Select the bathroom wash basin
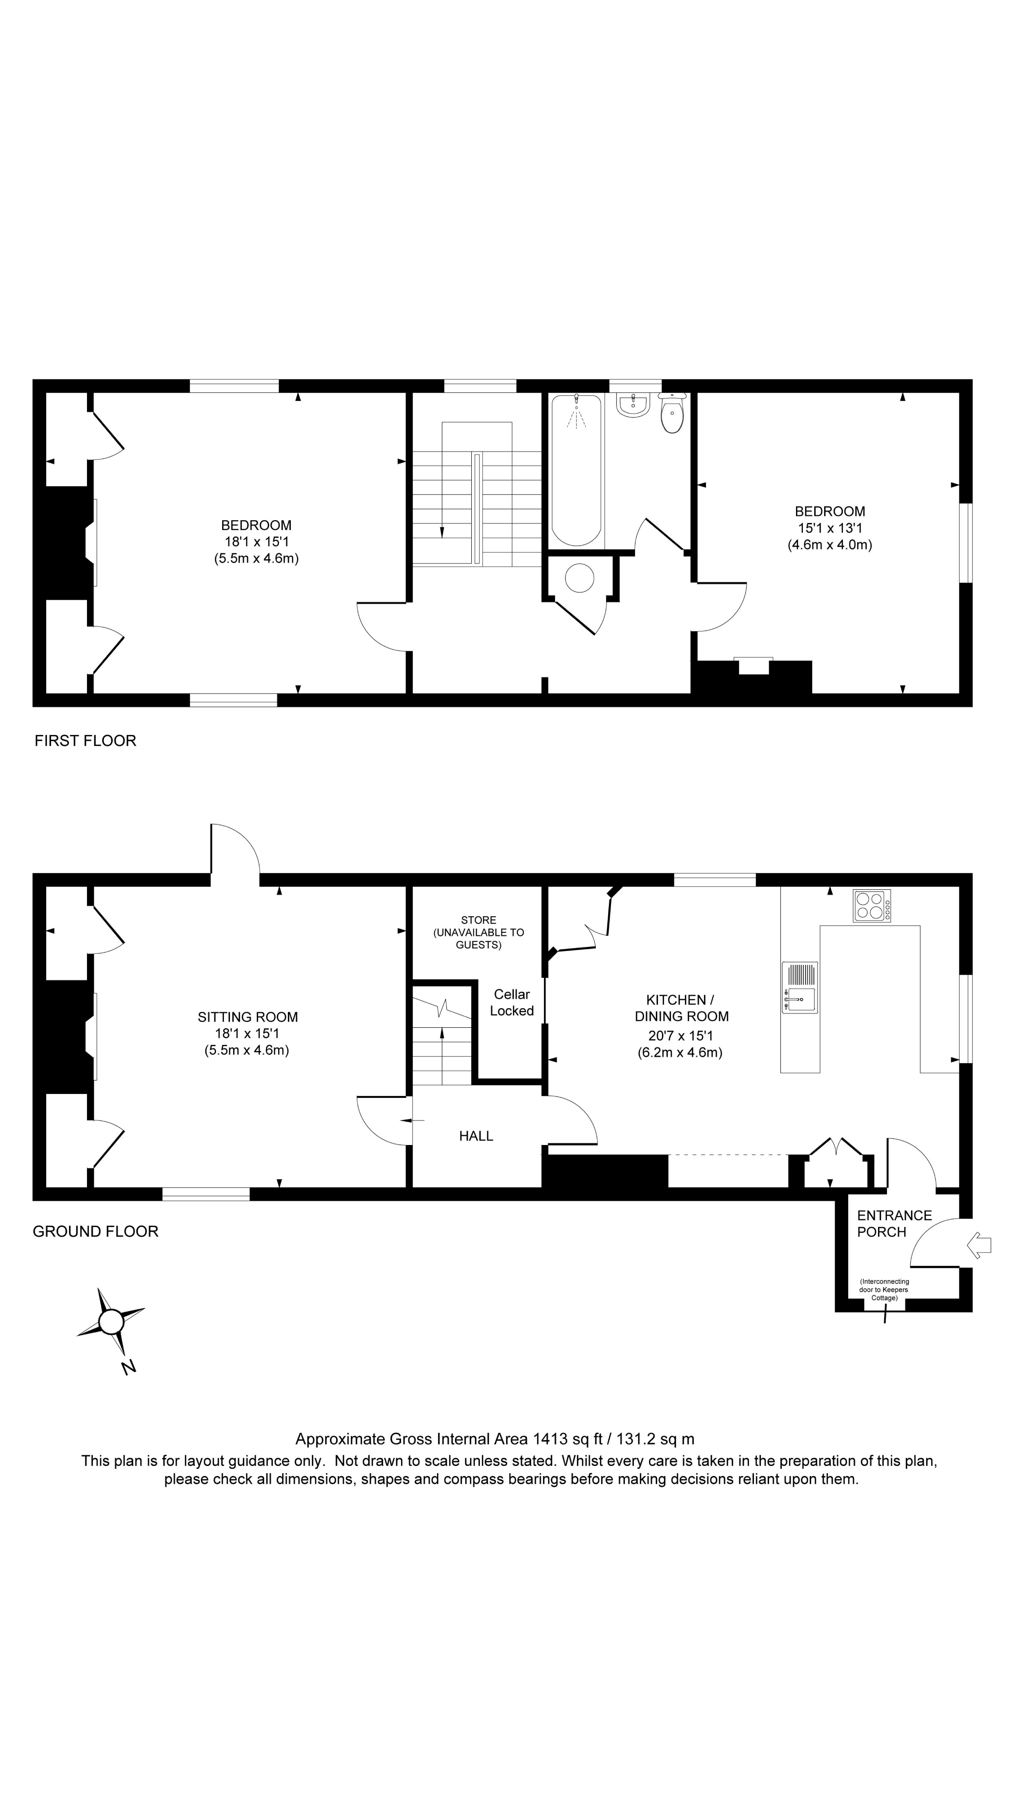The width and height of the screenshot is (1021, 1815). pyautogui.click(x=632, y=404)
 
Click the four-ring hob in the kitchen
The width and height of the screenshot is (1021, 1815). pyautogui.click(x=872, y=905)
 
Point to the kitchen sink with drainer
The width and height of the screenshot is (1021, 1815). pyautogui.click(x=800, y=987)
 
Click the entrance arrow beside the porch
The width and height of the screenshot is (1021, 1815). pyautogui.click(x=980, y=1245)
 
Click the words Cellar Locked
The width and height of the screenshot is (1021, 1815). pyautogui.click(x=511, y=1003)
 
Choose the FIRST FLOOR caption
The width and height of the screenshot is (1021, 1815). pyautogui.click(x=85, y=740)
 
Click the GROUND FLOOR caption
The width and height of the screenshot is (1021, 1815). pyautogui.click(x=96, y=1231)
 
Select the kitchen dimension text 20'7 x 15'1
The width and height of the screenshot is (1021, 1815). pyautogui.click(x=681, y=1036)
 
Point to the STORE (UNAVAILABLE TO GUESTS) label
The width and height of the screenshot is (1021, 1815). pyautogui.click(x=478, y=932)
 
